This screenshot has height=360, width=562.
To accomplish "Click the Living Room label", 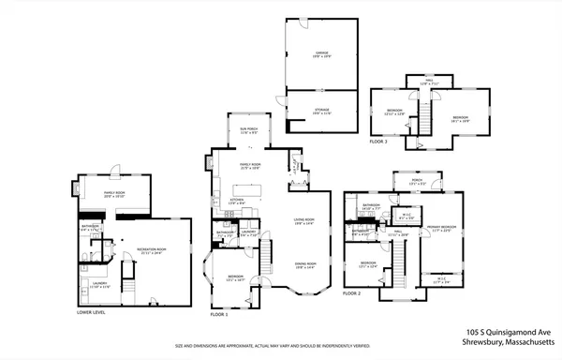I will (x=304, y=221).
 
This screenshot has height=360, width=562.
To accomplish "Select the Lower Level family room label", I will (x=115, y=194).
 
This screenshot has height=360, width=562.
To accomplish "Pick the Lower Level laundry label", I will (x=98, y=286).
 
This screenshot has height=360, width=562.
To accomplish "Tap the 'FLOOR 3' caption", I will (x=377, y=140).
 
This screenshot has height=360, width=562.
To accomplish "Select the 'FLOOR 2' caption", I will (x=351, y=293).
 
